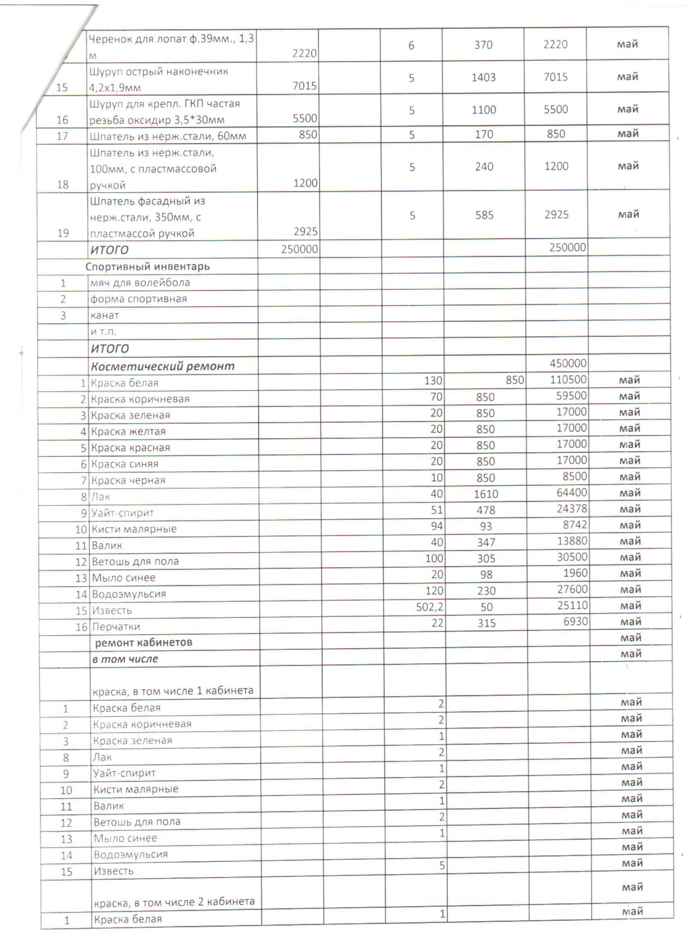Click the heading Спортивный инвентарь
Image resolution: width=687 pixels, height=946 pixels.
pyautogui.click(x=147, y=267)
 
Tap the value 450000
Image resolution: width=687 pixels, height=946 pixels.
pyautogui.click(x=567, y=363)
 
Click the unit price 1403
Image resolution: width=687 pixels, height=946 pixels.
pyautogui.click(x=483, y=77)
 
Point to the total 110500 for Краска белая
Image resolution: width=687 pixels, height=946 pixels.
pyautogui.click(x=568, y=379)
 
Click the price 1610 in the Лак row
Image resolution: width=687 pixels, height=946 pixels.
pyautogui.click(x=486, y=494)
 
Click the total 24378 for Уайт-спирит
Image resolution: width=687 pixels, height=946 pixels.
pyautogui.click(x=571, y=509)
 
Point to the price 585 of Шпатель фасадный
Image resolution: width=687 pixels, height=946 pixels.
pyautogui.click(x=484, y=215)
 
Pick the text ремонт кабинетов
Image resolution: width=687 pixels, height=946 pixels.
pyautogui.click(x=143, y=642)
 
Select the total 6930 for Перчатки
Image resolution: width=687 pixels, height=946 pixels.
pyautogui.click(x=575, y=622)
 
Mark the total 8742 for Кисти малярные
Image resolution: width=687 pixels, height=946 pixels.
pyautogui.click(x=575, y=525)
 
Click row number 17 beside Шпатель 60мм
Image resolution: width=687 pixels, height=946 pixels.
pyautogui.click(x=62, y=136)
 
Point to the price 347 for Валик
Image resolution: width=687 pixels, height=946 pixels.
pyautogui.click(x=486, y=543)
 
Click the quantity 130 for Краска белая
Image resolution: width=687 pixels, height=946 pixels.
pyautogui.click(x=433, y=381)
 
